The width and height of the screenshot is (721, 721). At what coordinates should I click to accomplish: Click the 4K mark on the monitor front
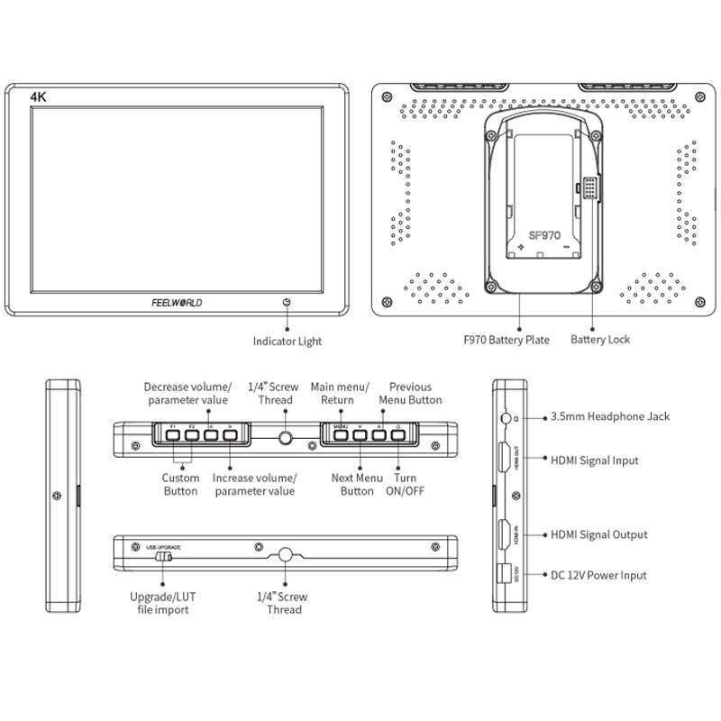[x=38, y=95]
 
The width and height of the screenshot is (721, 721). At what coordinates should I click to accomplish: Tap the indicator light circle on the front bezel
[x=287, y=303]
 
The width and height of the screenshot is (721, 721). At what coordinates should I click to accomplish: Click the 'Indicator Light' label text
[x=287, y=342]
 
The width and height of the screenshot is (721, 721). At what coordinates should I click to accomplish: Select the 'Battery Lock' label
[x=600, y=340]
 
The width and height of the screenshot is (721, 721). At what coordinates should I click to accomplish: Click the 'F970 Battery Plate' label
[x=506, y=340]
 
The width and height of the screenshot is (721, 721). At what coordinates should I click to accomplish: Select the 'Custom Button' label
[x=180, y=484]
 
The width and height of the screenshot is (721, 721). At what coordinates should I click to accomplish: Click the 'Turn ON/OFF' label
[x=406, y=484]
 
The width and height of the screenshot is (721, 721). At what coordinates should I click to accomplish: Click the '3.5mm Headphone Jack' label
[x=610, y=417]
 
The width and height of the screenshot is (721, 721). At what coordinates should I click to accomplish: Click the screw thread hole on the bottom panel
[x=287, y=555]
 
